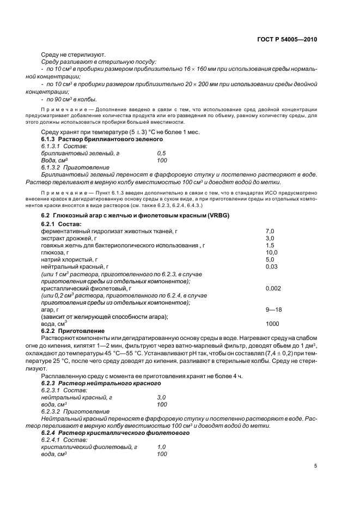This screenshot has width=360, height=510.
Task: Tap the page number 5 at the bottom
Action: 316,466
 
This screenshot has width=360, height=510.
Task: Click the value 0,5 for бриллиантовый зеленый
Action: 162,154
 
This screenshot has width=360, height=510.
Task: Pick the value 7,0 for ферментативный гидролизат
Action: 270,231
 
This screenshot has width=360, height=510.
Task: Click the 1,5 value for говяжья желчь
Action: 270,245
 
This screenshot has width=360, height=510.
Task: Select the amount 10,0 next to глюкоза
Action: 272,252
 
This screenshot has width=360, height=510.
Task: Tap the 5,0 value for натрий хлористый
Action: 270,259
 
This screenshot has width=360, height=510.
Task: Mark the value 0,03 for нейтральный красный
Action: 272,266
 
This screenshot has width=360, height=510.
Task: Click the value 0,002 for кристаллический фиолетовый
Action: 273,288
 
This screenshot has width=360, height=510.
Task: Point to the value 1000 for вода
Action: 273,324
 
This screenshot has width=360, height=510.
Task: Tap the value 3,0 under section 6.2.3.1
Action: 162,398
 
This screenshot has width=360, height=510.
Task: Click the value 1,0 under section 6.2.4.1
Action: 162,447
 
